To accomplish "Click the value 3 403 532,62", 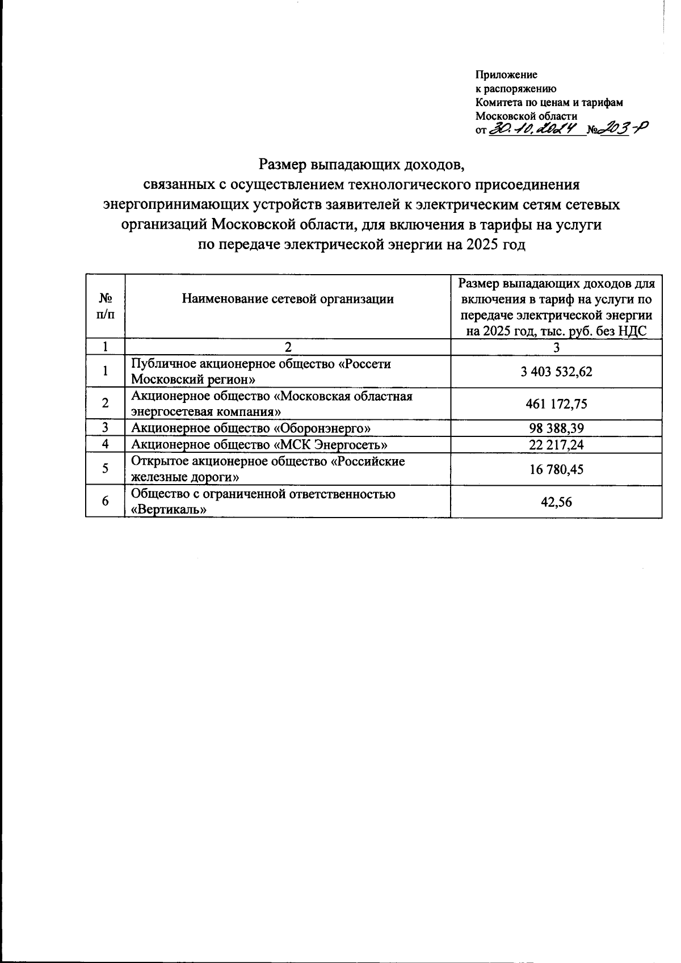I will pos(556,372).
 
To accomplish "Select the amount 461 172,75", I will pos(556,404).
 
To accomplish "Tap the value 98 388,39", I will pos(556,428).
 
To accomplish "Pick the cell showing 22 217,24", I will pos(556,444).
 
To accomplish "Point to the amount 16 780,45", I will pos(556,469).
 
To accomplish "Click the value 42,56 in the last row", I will pos(556,502).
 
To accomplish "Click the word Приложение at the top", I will pos(506,75).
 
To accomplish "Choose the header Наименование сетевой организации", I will pos(288,299).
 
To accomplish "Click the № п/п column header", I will pos(105,306).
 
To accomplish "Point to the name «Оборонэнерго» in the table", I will pos(323,428).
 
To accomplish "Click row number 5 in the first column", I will pos(105,469).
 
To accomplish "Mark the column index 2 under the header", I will pos(288,347).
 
